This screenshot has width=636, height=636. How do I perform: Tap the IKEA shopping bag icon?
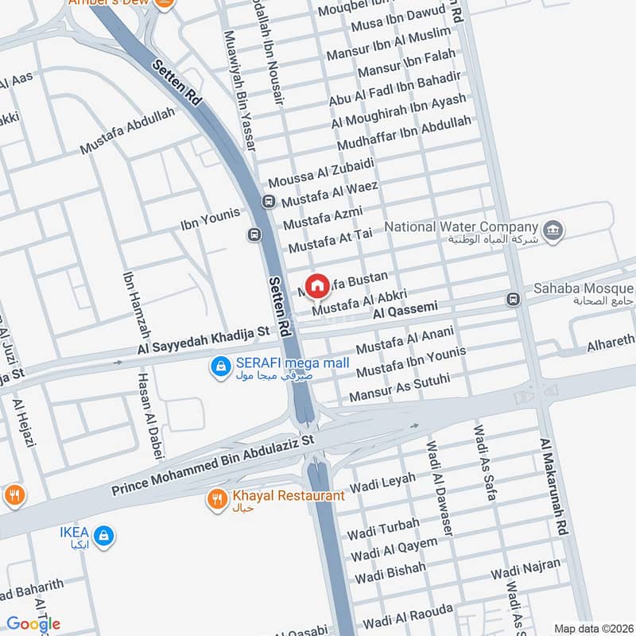103,537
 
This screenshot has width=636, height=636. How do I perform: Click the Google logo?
34,624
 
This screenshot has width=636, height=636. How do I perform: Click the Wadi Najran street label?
525,569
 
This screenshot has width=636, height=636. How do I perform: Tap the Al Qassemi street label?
406,305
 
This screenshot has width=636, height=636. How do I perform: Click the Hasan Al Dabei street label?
151,417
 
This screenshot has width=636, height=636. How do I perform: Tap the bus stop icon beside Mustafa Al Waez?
269,202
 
